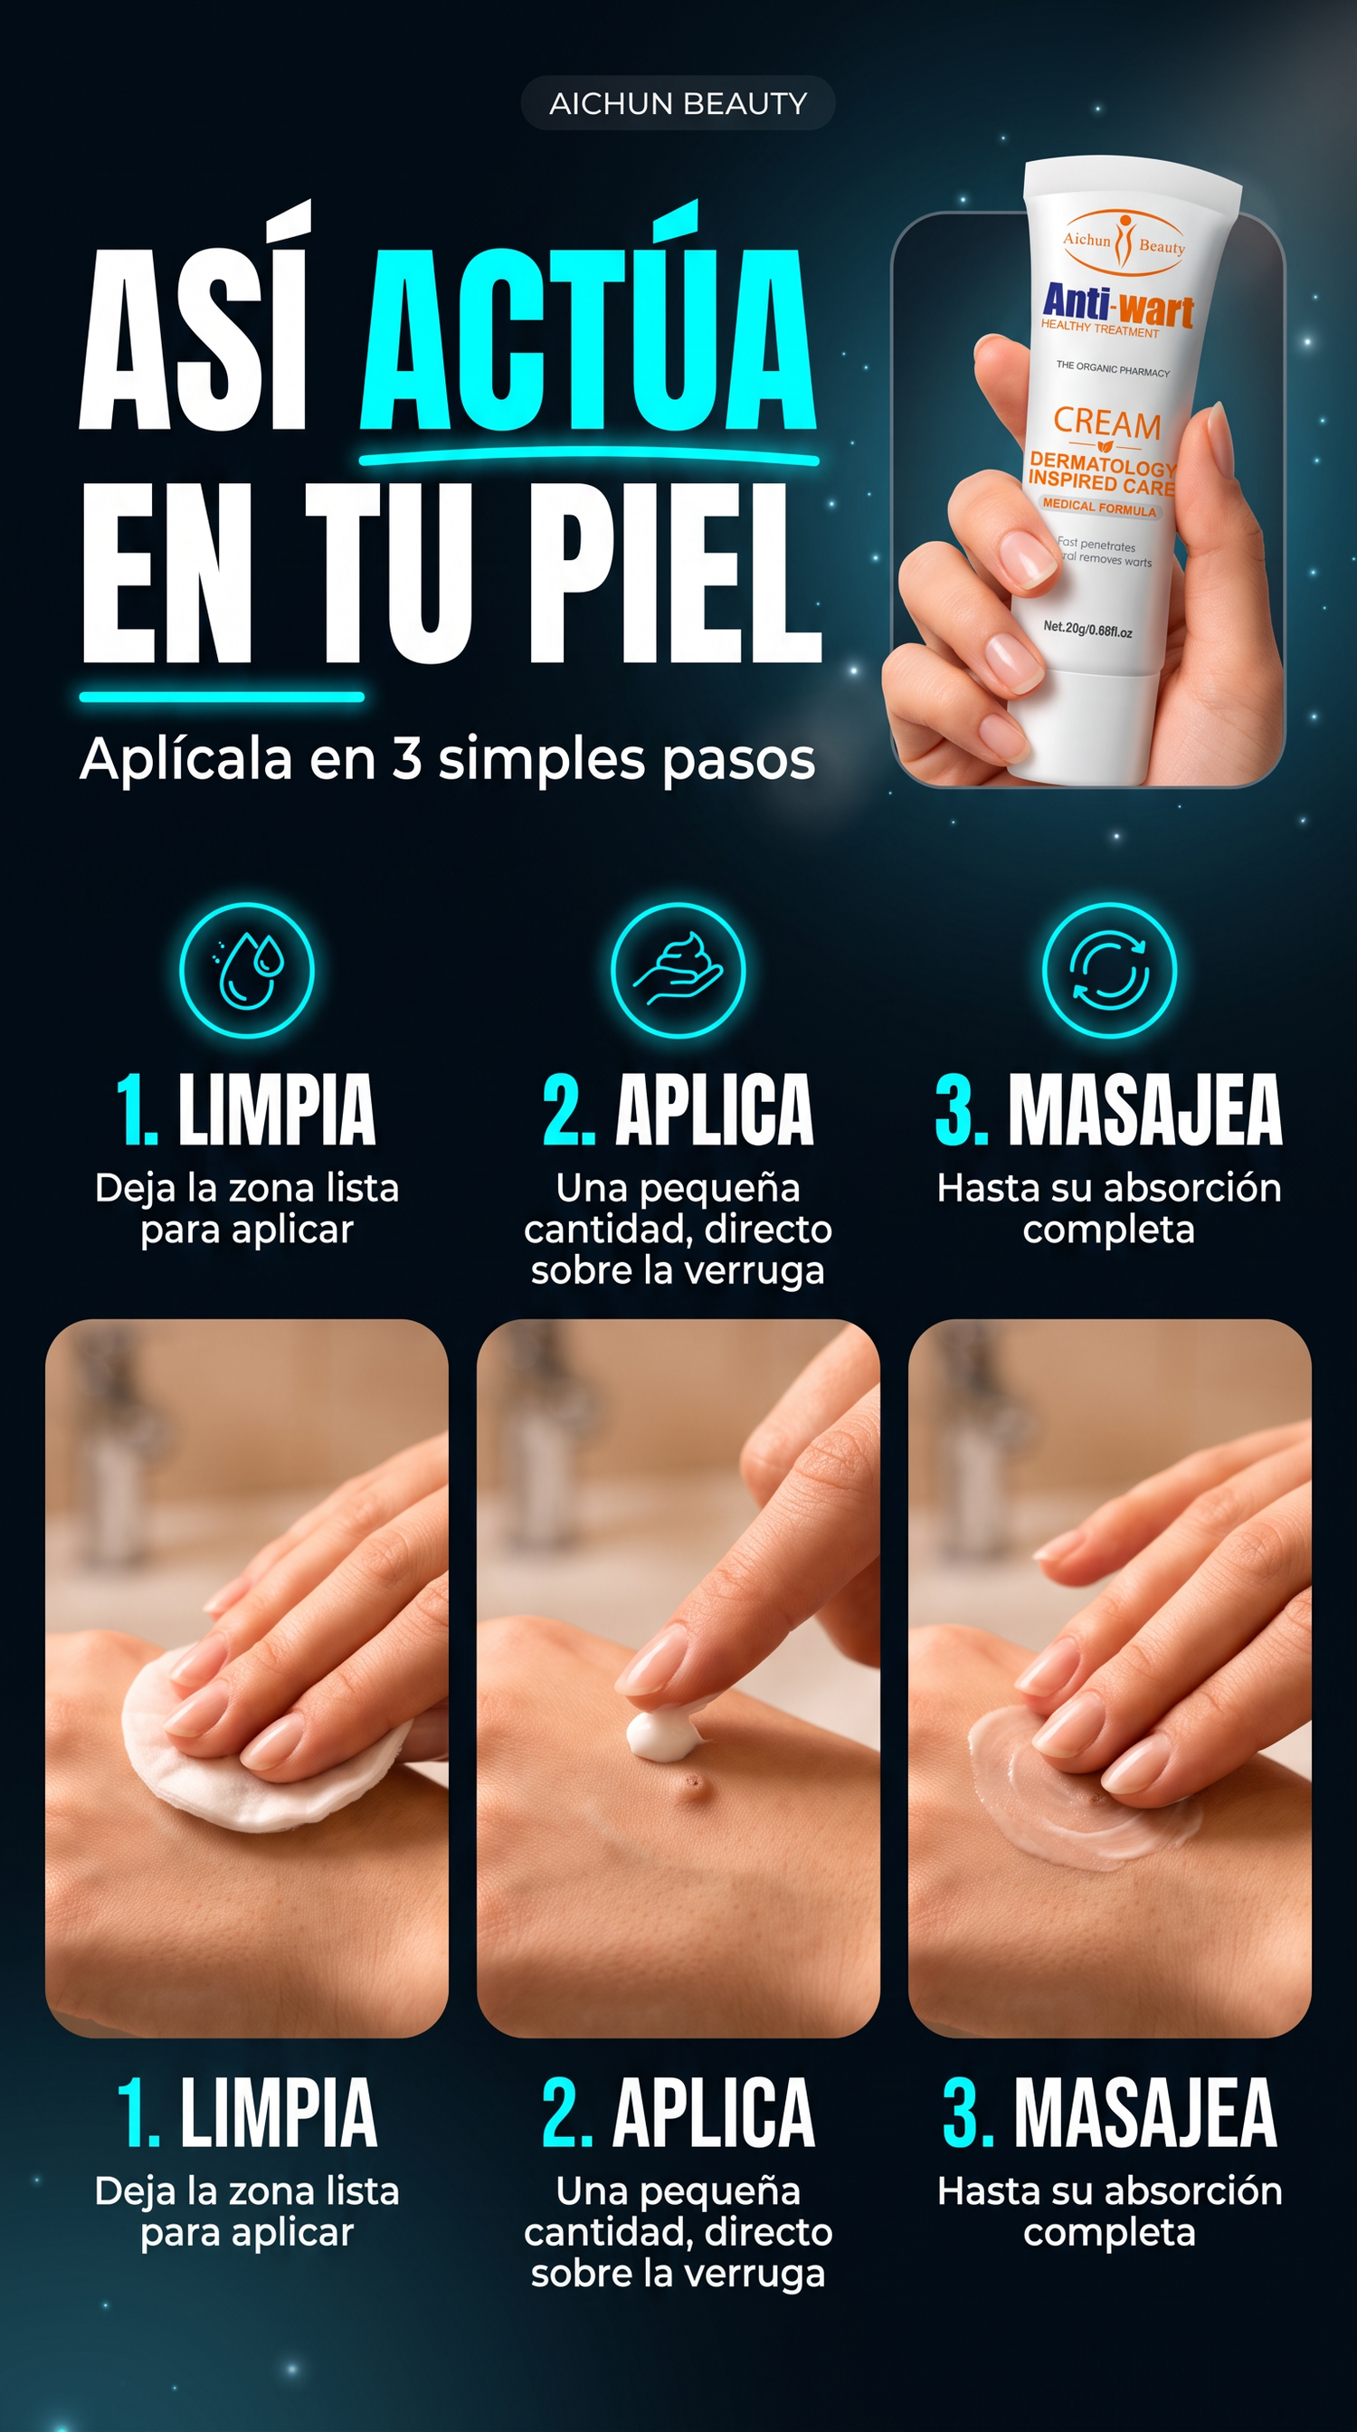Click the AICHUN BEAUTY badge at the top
pyautogui.click(x=678, y=103)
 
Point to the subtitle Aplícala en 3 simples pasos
pyautogui.click(x=447, y=759)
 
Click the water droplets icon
pyautogui.click(x=246, y=971)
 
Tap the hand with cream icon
pyautogui.click(x=678, y=971)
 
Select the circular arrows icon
pyautogui.click(x=1109, y=971)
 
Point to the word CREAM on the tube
pyautogui.click(x=1107, y=424)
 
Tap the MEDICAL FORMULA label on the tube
pyautogui.click(x=1099, y=507)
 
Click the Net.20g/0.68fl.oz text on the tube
pyautogui.click(x=1088, y=629)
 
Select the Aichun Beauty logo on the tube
pyautogui.click(x=1123, y=243)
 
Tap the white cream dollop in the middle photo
pyautogui.click(x=657, y=1734)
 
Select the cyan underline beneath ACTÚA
pyautogui.click(x=589, y=458)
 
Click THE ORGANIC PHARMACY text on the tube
pyautogui.click(x=1113, y=368)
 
